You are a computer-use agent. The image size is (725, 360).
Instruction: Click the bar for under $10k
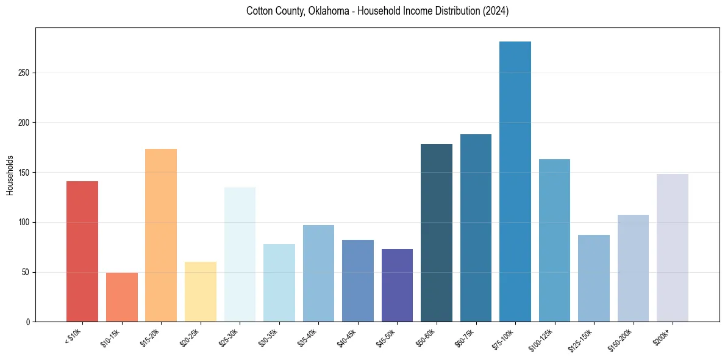coord(82,251)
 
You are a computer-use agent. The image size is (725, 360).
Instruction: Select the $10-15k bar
coord(121,297)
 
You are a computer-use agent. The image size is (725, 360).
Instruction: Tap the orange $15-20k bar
coord(161,235)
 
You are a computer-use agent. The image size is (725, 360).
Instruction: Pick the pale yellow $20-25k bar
coord(201,292)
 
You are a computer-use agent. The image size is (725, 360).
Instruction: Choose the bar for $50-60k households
coord(437,233)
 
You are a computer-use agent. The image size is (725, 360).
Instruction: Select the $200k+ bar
coord(673,248)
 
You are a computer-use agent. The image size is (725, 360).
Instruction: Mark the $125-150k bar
coord(594,278)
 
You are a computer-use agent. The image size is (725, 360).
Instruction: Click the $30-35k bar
coord(279,283)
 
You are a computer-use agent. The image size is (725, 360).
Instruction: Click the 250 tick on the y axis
coord(24,73)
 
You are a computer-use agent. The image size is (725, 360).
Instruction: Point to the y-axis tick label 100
coord(24,222)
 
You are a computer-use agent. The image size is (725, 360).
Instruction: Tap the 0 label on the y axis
coord(27,322)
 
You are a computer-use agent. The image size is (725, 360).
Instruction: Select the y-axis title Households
coord(10,175)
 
